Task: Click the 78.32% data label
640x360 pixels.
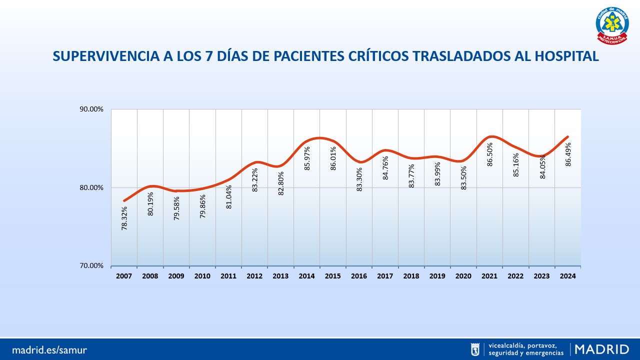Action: [x=124, y=218]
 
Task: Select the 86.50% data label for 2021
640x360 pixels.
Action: [x=490, y=154]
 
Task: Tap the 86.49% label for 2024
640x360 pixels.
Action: [x=568, y=154]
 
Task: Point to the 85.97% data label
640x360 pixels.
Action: [x=307, y=158]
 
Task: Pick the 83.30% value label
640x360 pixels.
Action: [x=359, y=179]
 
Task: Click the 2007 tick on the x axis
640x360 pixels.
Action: [x=124, y=276]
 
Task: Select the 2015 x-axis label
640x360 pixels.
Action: [x=333, y=276]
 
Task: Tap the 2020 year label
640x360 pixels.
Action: [x=463, y=276]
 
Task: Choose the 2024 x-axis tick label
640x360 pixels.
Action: [x=568, y=276]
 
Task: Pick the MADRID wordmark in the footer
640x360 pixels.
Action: [x=602, y=349]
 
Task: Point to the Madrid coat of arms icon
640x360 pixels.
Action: [x=475, y=349]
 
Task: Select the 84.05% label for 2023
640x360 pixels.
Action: [x=542, y=167]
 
